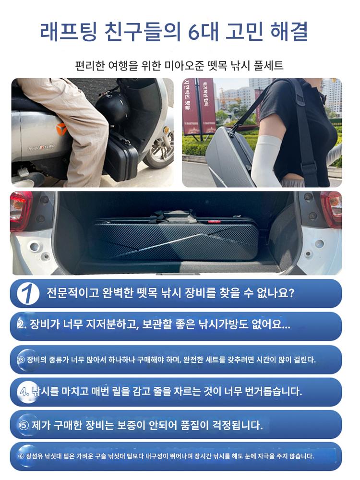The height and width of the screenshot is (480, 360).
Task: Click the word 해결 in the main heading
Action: [x=289, y=31]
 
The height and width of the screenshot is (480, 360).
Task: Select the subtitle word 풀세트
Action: [x=268, y=65]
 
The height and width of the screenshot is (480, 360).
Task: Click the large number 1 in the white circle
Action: [x=28, y=293]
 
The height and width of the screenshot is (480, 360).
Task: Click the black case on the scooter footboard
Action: [x=120, y=155]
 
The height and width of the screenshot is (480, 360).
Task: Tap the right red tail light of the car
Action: [x=332, y=209]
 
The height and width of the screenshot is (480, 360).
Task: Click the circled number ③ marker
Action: [x=21, y=360]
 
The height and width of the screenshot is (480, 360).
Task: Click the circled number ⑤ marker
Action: [x=24, y=425]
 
